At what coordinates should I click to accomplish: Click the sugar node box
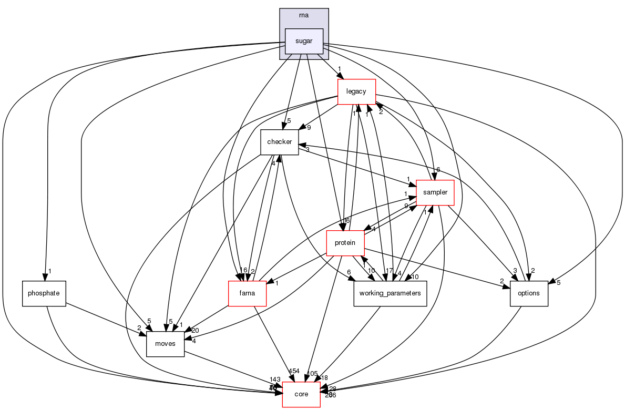[304, 41]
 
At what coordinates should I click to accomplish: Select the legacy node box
[356, 91]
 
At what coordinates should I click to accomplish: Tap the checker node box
[280, 142]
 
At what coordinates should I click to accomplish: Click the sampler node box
[435, 192]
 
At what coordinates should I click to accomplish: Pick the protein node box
[345, 243]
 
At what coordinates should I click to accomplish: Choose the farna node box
[247, 293]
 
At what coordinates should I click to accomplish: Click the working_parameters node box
[390, 293]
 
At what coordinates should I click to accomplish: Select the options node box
[529, 293]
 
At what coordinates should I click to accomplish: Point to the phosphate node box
[44, 293]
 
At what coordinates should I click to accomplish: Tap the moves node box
[165, 344]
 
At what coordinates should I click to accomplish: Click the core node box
[301, 394]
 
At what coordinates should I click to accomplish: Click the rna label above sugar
[304, 15]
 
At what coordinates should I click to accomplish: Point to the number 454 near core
[294, 372]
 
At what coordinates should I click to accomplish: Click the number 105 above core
[312, 373]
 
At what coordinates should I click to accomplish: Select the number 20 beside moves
[196, 331]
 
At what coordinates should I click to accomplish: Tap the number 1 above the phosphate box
[50, 271]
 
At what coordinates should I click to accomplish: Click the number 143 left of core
[274, 380]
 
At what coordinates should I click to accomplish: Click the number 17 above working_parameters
[390, 271]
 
